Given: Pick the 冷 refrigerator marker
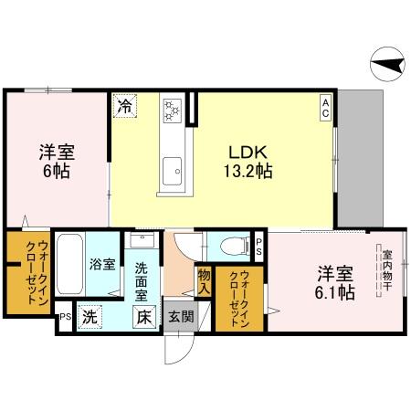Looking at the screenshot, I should [125, 106].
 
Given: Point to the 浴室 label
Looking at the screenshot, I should [102, 265].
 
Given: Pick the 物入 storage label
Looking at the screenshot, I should [203, 280].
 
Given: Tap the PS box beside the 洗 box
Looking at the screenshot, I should [64, 318].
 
